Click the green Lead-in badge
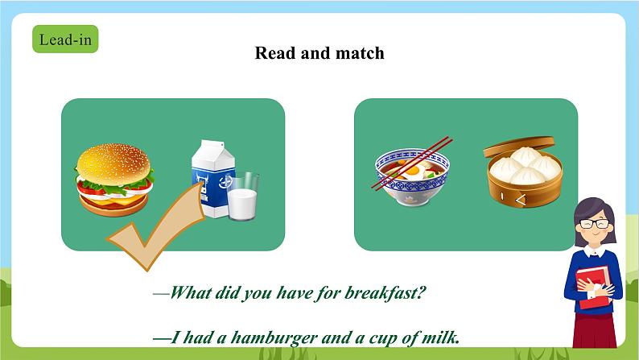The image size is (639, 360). [65, 39]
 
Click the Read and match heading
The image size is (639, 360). [319, 53]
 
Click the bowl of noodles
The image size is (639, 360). [412, 180]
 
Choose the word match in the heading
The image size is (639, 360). [360, 53]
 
